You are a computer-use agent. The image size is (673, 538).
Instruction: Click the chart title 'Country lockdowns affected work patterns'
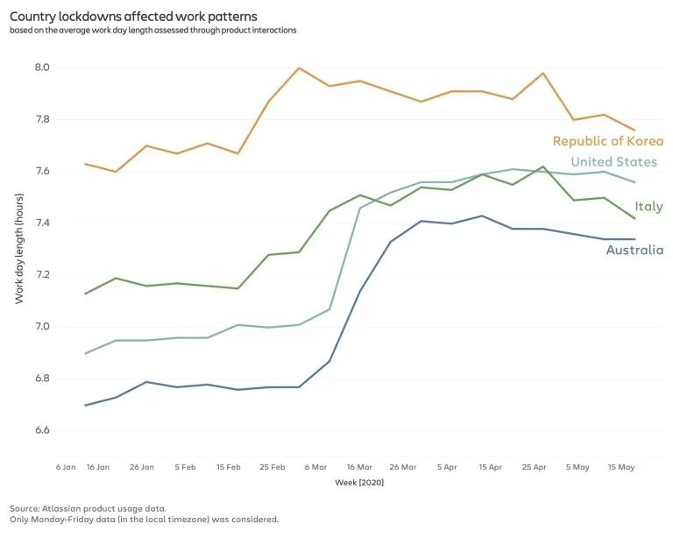(133, 16)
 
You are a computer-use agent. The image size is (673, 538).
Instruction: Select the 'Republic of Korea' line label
(607, 141)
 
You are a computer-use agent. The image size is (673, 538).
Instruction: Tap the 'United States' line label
(613, 162)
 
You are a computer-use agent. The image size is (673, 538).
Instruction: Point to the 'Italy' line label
(648, 207)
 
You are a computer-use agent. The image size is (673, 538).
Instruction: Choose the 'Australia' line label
(634, 251)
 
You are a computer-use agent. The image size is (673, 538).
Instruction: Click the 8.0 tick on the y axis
(41, 67)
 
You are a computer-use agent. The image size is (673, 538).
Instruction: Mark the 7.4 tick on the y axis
(41, 223)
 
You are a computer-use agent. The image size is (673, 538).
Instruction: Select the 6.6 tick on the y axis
(41, 431)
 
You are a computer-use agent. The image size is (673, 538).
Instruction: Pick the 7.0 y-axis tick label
(41, 327)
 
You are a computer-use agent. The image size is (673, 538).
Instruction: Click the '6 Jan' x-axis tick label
(66, 467)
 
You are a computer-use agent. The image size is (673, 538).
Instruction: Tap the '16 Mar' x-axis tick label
(359, 467)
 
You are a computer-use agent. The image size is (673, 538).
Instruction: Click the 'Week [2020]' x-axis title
(359, 482)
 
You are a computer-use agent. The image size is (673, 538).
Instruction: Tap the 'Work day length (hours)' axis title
(19, 249)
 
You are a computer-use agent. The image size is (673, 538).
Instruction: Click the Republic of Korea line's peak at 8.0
(299, 68)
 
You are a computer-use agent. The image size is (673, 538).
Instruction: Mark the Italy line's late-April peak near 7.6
(543, 166)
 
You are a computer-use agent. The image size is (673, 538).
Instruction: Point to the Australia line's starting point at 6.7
(85, 405)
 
